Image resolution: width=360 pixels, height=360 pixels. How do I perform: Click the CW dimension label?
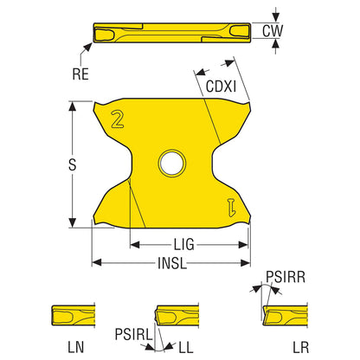[x=273, y=31]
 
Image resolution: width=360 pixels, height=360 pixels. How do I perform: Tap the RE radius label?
[x=80, y=74]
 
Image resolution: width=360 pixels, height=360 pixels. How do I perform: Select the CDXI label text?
[x=221, y=87]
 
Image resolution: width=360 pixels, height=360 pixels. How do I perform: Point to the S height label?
[x=73, y=164]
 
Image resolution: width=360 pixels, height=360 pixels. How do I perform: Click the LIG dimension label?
[x=183, y=245]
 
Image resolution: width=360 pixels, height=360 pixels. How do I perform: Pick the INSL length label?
[x=172, y=263]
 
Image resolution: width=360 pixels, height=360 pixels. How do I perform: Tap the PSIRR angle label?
[x=286, y=277]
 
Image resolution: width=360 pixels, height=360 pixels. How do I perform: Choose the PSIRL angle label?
[x=133, y=335]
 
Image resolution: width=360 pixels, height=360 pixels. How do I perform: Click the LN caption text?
[x=76, y=347]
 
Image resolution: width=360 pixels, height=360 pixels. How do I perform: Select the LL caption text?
[x=186, y=347]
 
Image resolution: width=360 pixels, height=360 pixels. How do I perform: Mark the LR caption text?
[x=301, y=347]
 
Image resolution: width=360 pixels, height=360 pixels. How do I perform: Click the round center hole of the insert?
[x=172, y=164]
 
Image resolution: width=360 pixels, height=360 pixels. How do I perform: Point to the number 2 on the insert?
[x=118, y=119]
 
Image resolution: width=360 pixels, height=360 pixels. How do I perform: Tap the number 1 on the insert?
[x=232, y=207]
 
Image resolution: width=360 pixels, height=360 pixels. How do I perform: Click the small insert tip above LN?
[x=74, y=315]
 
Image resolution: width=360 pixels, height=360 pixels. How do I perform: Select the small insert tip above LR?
[x=286, y=316]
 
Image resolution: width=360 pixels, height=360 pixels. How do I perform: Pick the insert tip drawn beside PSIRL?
[x=177, y=316]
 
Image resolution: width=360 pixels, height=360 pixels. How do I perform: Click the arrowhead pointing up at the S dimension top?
[x=72, y=106]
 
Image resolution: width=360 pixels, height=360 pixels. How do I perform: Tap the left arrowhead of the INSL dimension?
[x=97, y=263]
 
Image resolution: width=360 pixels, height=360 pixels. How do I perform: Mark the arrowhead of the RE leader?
[x=88, y=47]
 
